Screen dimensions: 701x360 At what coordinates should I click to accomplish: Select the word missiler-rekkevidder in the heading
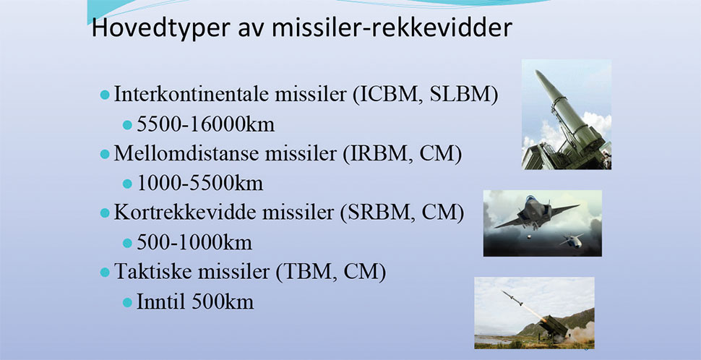tap(392, 27)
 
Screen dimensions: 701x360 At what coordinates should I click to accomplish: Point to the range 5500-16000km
tap(206, 125)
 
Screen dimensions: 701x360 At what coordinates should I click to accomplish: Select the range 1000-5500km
tap(200, 184)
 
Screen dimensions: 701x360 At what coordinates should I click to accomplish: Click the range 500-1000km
tap(194, 243)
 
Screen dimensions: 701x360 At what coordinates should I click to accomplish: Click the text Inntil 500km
tap(195, 302)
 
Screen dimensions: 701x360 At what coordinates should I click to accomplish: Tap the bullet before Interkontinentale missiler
tap(105, 95)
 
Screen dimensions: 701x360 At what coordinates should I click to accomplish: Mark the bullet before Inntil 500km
tap(127, 302)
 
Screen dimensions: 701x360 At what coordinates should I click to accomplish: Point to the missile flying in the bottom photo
tap(512, 299)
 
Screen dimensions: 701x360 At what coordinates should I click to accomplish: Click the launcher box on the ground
tap(554, 326)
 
